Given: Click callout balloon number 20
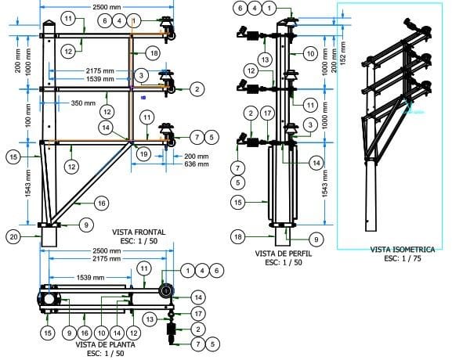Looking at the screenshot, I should (x=13, y=236).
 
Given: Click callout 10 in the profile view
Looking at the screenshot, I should (x=310, y=53).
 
